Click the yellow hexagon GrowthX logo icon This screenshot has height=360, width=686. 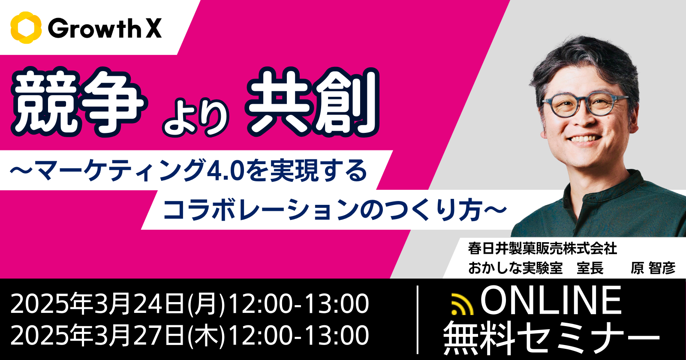click(26, 28)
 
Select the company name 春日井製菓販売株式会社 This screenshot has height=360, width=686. click(542, 249)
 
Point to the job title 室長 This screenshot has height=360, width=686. click(590, 268)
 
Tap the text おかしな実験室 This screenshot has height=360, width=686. click(515, 268)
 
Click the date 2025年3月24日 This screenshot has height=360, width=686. click(98, 303)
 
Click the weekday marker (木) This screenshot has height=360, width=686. click(206, 336)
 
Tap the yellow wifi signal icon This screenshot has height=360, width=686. click(463, 304)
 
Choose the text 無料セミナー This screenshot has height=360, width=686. click(551, 337)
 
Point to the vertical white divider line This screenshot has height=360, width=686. click(418, 319)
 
